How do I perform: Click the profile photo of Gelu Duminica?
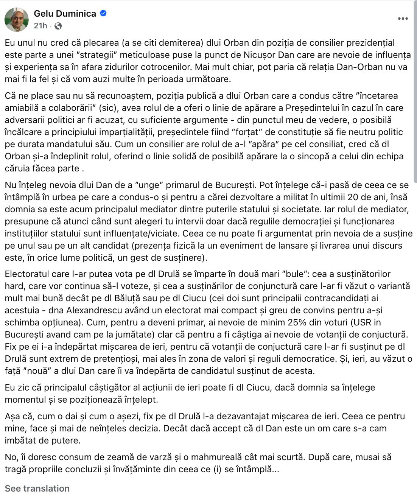tap(17, 19)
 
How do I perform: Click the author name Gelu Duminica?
tap(65, 14)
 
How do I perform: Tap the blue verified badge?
tap(103, 13)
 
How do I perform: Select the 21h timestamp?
tap(40, 26)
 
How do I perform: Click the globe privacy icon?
tap(58, 26)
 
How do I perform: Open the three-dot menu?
tap(403, 19)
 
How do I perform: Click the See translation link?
tap(37, 488)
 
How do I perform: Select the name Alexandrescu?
tap(97, 310)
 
